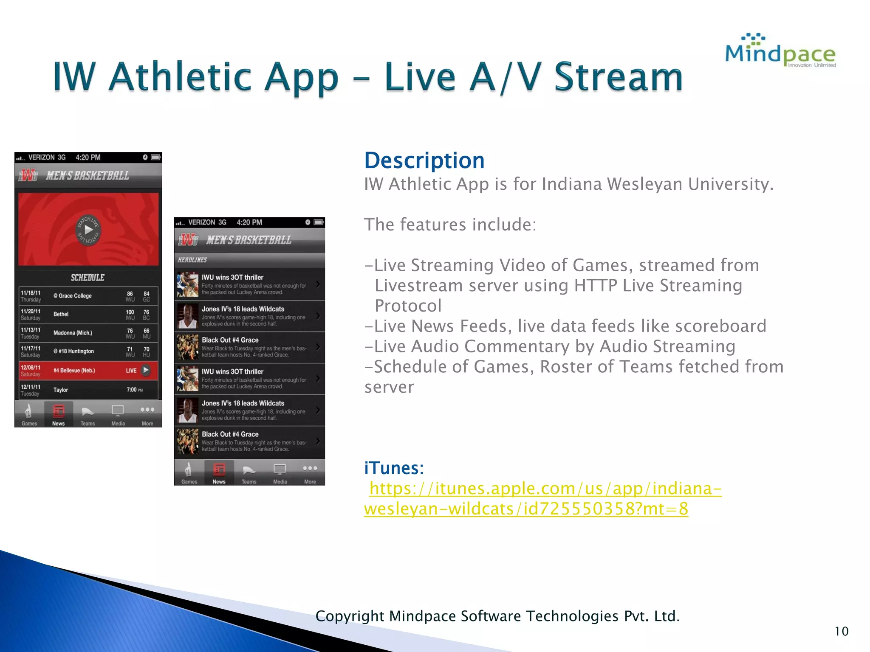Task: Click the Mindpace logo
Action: pyautogui.click(x=780, y=51)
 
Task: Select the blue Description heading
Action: pyautogui.click(x=424, y=160)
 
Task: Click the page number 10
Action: pyautogui.click(x=841, y=631)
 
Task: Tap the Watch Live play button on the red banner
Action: pyautogui.click(x=88, y=230)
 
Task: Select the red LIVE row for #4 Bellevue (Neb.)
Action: pyautogui.click(x=88, y=370)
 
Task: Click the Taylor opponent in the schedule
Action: pyautogui.click(x=61, y=390)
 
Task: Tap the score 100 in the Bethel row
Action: pyautogui.click(x=130, y=312)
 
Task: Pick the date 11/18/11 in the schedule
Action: pyautogui.click(x=31, y=293)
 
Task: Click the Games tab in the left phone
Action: pyautogui.click(x=29, y=414)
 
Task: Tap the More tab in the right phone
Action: pyautogui.click(x=310, y=472)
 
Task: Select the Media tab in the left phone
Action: pyautogui.click(x=118, y=414)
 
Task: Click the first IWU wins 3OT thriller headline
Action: pyautogui.click(x=232, y=277)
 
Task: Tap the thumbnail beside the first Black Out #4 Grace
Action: pyautogui.click(x=188, y=347)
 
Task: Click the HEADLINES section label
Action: pyautogui.click(x=192, y=260)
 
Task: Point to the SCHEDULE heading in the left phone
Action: pyautogui.click(x=88, y=278)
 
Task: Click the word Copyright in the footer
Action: pyautogui.click(x=350, y=616)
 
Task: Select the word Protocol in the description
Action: pyautogui.click(x=408, y=306)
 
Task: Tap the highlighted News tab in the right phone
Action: pyautogui.click(x=219, y=472)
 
